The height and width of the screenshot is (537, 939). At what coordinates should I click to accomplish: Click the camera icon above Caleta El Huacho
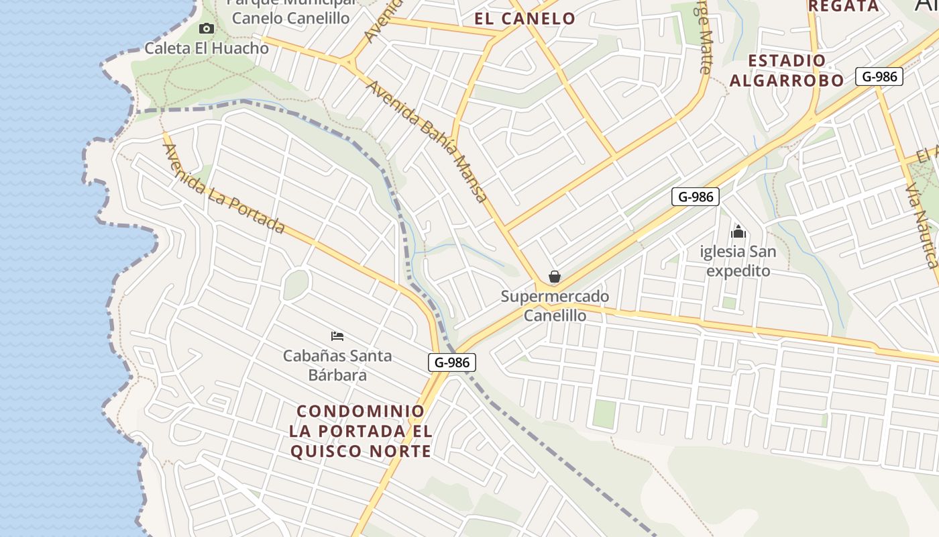coord(207,28)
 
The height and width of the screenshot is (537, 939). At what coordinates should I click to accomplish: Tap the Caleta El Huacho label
coord(207,48)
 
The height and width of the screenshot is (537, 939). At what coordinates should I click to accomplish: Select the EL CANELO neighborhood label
coord(524,19)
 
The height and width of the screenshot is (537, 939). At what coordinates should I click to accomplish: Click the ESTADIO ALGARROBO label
coord(787,70)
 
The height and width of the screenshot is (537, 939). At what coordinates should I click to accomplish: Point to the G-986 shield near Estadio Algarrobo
coord(879,77)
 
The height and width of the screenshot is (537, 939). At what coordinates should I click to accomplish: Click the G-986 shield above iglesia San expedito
coord(696,197)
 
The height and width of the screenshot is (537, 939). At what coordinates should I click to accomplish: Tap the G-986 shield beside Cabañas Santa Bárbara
coord(452,362)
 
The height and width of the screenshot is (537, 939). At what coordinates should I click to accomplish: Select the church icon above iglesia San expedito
coord(738,232)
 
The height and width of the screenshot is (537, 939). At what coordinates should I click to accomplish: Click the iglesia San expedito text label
coord(738,261)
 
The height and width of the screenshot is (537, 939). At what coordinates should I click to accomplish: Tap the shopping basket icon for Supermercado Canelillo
coord(555,277)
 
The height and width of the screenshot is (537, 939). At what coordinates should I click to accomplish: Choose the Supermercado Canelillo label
coord(555,305)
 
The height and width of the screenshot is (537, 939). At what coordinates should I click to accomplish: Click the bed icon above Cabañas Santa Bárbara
coord(337,336)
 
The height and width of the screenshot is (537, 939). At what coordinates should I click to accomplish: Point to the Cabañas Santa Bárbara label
coord(337,365)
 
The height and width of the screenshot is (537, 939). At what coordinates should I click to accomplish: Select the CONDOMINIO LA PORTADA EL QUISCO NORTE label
coord(361,431)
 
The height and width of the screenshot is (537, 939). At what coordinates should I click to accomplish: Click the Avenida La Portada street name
coord(225,189)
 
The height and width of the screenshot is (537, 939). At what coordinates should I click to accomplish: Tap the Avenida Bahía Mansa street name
coord(427,142)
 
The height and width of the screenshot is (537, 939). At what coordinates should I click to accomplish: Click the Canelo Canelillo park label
coord(290,17)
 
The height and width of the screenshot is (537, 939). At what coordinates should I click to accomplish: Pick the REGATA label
coord(843,6)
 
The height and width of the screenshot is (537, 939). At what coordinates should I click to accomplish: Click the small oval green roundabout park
coord(295,285)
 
